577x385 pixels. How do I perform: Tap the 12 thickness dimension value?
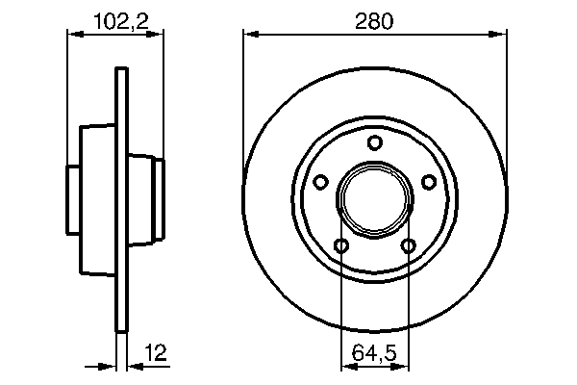click(x=154, y=353)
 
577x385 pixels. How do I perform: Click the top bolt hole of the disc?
click(x=375, y=143)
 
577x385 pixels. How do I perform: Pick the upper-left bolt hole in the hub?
click(x=321, y=181)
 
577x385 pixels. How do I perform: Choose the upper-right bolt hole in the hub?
click(x=428, y=181)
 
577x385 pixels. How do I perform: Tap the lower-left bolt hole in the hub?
click(x=341, y=245)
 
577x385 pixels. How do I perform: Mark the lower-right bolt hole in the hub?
click(x=408, y=245)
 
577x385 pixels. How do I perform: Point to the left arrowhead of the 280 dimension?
click(x=248, y=34)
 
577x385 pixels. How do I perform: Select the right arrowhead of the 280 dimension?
click(x=501, y=34)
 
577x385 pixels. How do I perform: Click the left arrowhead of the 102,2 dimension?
click(x=70, y=34)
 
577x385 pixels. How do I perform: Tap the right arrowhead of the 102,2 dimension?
click(x=159, y=34)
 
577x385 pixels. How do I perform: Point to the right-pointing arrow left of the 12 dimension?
click(x=109, y=366)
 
